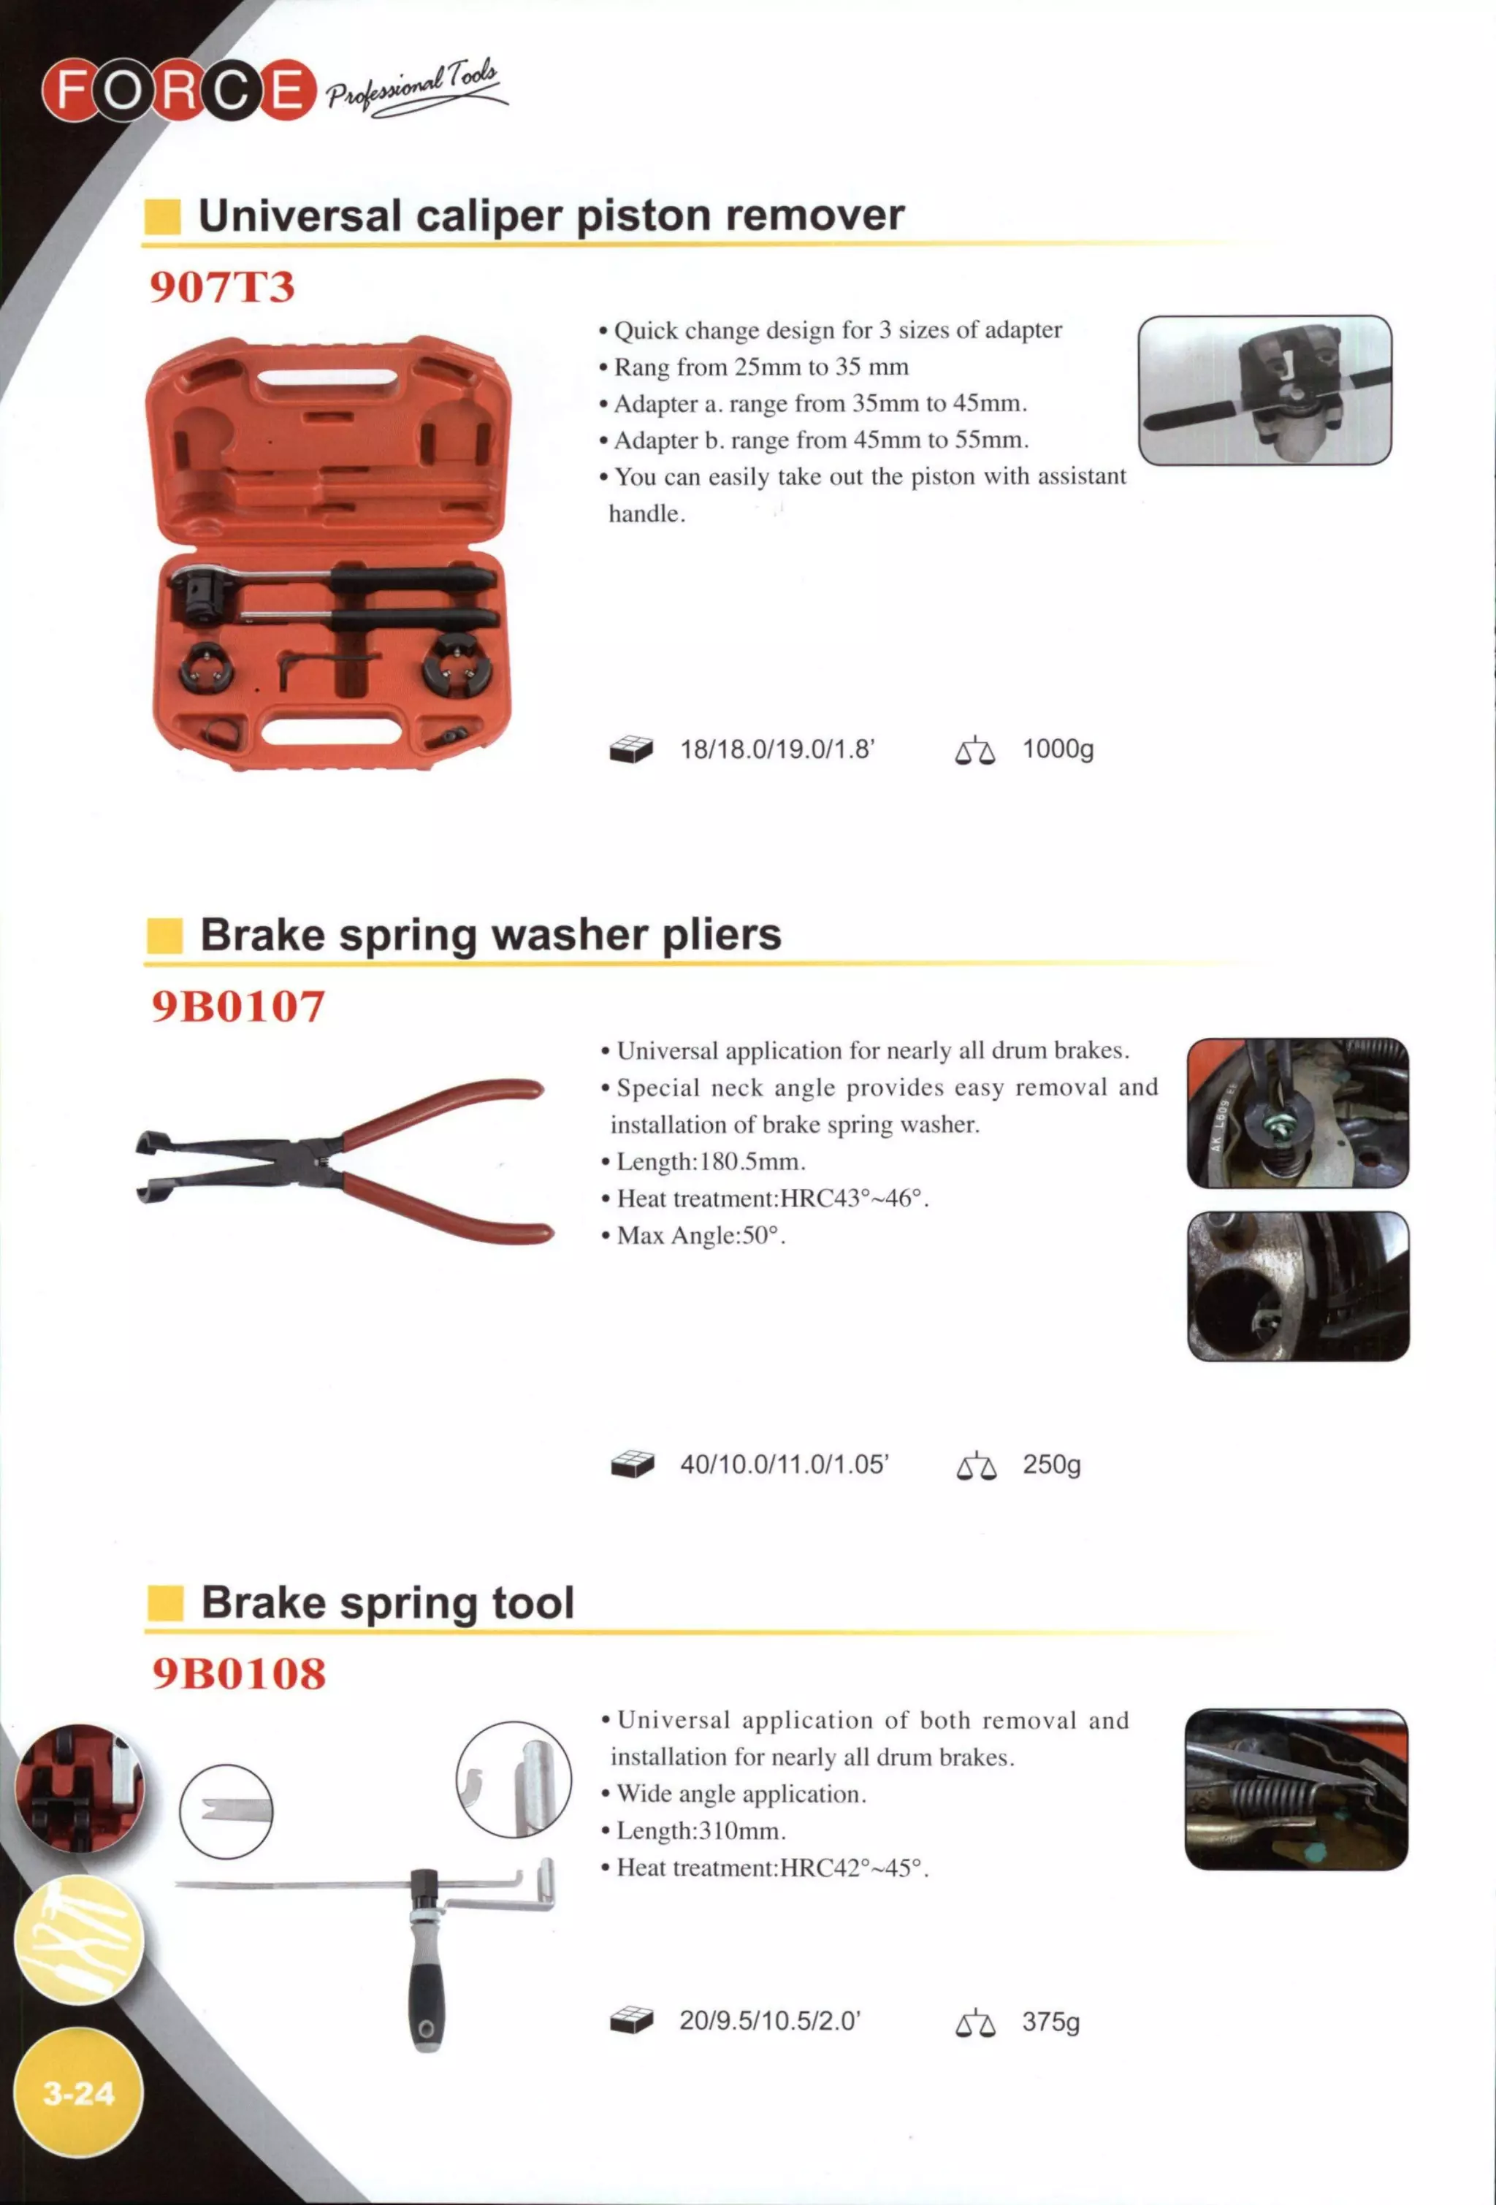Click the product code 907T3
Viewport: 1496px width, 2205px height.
click(222, 286)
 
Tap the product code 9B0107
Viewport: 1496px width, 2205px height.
click(238, 1006)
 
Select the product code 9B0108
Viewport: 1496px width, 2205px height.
click(239, 1673)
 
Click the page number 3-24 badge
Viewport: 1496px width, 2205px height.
click(79, 2092)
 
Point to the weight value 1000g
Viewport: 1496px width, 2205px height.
click(1058, 749)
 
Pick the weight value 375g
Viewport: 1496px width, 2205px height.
click(1050, 2022)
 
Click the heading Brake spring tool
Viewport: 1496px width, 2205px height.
click(387, 1602)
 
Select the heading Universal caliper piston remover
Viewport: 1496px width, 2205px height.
click(550, 215)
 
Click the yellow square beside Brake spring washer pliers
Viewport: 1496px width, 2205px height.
click(164, 936)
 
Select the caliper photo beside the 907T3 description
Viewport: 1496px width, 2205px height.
click(1264, 390)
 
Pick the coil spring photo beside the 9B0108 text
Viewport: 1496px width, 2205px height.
click(1296, 1789)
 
